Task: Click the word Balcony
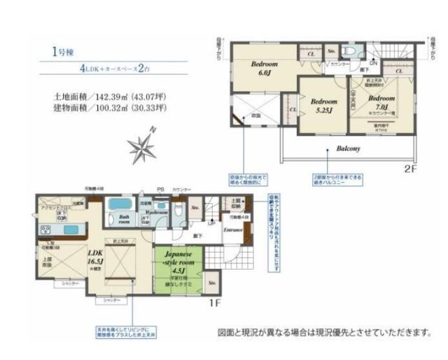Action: pos(348,149)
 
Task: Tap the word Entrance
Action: pos(233,229)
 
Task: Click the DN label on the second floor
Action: pos(374,64)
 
